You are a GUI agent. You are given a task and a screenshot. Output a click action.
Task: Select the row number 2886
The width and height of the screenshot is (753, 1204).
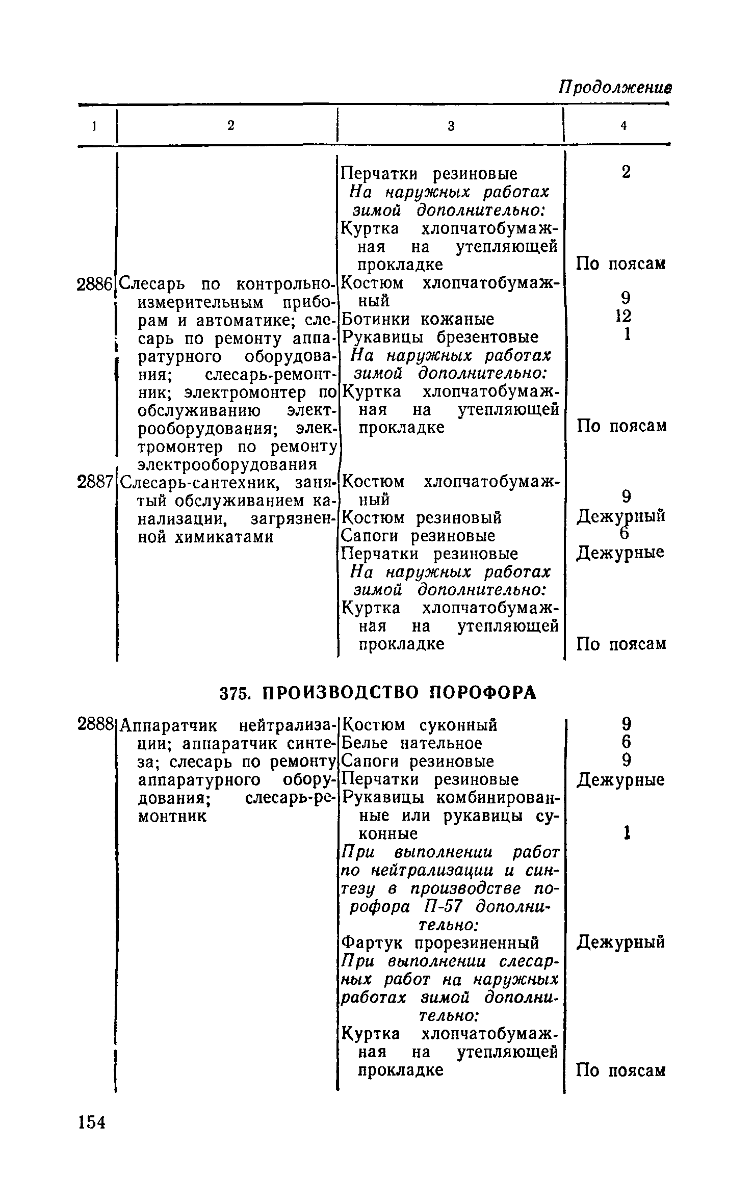94,284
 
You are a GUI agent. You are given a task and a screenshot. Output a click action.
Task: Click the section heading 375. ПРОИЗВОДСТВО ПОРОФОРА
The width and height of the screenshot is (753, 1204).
378,692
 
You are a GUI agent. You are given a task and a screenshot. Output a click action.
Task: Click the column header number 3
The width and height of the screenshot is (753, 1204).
451,126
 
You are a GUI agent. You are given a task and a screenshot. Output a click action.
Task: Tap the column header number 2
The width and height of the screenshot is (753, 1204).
231,126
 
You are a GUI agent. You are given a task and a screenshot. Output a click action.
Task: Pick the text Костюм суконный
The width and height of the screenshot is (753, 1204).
419,724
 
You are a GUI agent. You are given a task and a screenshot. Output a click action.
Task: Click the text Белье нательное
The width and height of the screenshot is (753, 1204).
411,743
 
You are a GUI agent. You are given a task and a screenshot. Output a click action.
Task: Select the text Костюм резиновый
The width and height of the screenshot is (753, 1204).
422,518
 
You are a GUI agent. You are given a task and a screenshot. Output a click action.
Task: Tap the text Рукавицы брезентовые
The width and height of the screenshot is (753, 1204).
440,337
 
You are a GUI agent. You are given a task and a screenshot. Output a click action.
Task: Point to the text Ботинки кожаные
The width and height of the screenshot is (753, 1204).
418,320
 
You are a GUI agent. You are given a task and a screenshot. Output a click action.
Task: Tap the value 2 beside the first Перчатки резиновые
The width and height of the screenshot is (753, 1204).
626,172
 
